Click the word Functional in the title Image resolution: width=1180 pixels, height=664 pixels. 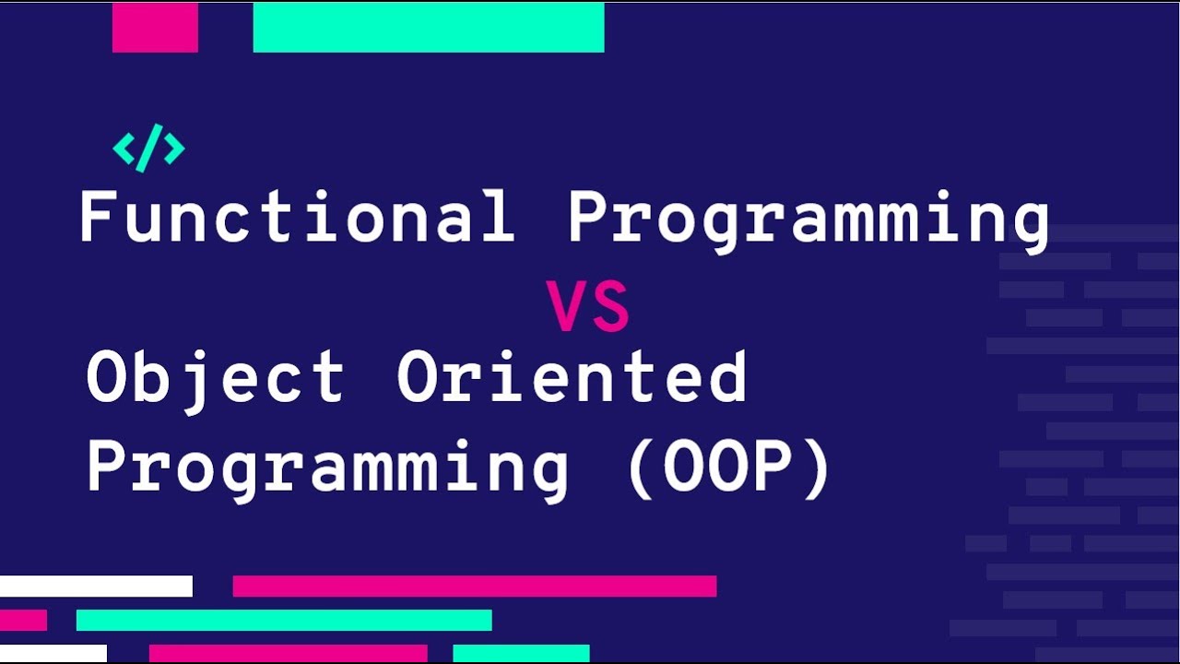click(298, 216)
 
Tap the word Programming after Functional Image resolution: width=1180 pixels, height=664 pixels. click(808, 222)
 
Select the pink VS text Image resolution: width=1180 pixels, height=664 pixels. click(587, 306)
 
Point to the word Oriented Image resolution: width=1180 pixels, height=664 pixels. click(572, 376)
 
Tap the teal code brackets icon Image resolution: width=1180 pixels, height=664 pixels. click(148, 148)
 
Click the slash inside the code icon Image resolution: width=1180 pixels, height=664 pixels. click(149, 148)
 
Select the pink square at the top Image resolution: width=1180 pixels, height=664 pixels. click(155, 28)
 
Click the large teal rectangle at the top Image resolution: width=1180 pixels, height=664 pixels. click(429, 28)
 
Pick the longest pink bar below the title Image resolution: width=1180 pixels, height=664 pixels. click(475, 586)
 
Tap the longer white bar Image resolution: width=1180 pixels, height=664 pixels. click(97, 586)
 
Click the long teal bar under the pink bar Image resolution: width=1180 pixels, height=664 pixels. click(284, 621)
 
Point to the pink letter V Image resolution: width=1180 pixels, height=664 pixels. click(566, 306)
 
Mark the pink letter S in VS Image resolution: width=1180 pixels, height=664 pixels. click(611, 306)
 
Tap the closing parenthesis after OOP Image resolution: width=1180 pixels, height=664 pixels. click(817, 470)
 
